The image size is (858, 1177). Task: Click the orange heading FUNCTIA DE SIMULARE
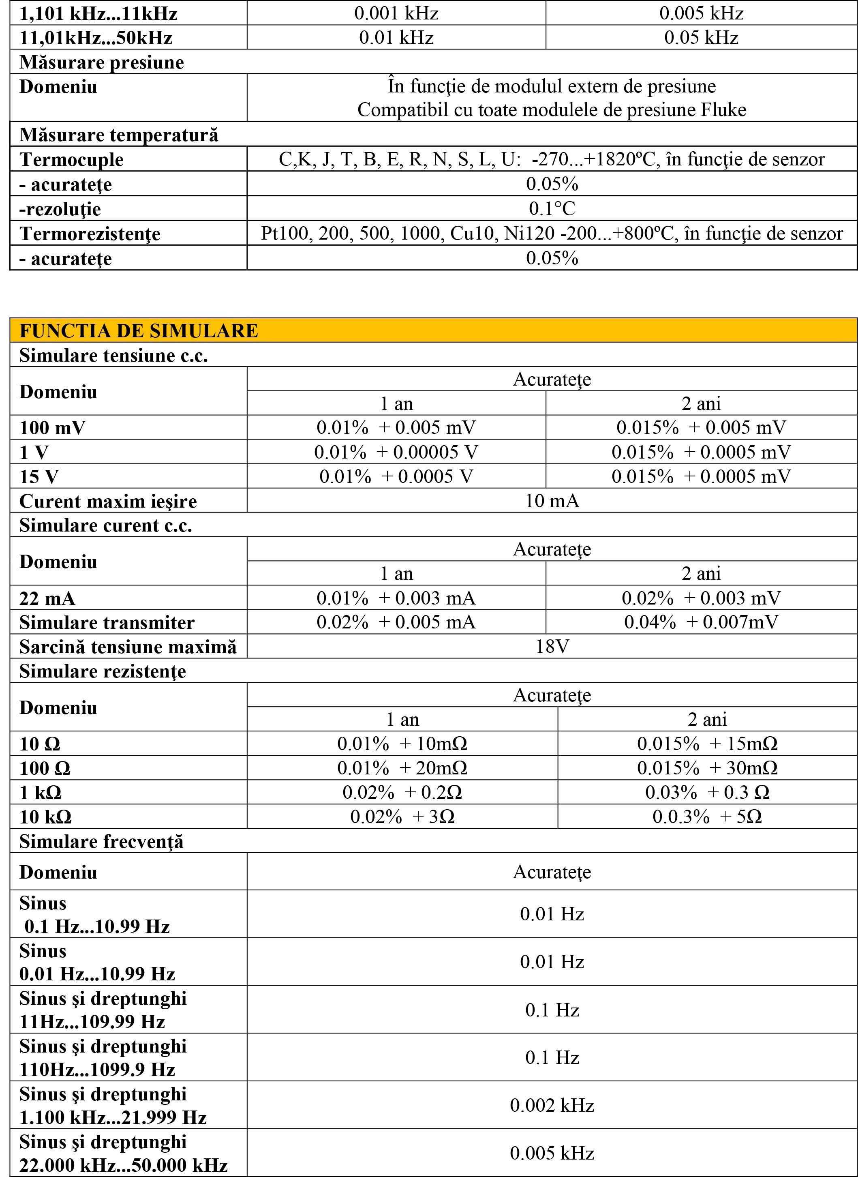pyautogui.click(x=138, y=331)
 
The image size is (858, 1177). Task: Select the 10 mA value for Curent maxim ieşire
pyautogui.click(x=552, y=501)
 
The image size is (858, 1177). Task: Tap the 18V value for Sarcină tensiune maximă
pyautogui.click(x=552, y=647)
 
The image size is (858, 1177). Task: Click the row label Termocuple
pyautogui.click(x=71, y=159)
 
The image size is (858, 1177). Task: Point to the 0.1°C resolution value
pyautogui.click(x=552, y=209)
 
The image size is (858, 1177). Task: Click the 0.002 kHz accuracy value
pyautogui.click(x=552, y=1105)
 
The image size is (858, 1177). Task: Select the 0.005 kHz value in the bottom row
pyautogui.click(x=552, y=1153)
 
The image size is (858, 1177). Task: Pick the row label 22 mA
pyautogui.click(x=47, y=598)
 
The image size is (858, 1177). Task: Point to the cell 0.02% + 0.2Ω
pyautogui.click(x=402, y=793)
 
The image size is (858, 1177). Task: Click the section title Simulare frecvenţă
pyautogui.click(x=101, y=841)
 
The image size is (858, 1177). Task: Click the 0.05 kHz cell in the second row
pyautogui.click(x=701, y=37)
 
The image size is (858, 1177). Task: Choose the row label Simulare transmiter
pyautogui.click(x=107, y=622)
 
